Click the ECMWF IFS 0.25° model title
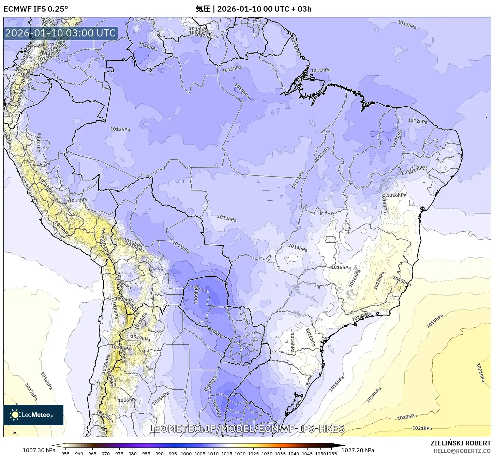tap(35, 9)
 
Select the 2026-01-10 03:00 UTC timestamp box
tap(60, 33)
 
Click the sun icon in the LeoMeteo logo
tap(15, 415)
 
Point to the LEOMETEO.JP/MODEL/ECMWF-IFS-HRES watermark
tap(247, 428)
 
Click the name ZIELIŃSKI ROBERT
tap(460, 443)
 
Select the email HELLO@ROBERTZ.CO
tap(462, 451)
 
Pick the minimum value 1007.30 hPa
tap(39, 450)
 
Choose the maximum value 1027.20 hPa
tap(360, 450)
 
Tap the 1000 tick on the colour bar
tap(186, 453)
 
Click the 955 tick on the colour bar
tap(65, 453)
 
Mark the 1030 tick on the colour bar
tap(267, 453)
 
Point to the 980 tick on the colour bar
tap(133, 453)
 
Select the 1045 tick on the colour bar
tap(307, 453)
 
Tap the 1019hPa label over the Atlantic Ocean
tap(435, 321)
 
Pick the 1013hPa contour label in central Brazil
tap(227, 218)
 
